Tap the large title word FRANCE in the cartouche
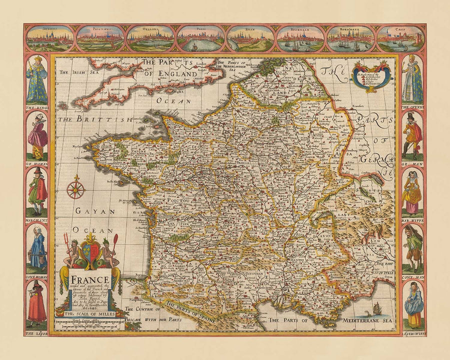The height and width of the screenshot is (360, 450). coord(90,279)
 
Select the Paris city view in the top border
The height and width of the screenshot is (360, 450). coord(200,39)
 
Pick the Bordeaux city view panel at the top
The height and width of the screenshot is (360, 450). coord(350,39)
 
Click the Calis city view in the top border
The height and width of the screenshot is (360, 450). coord(400,39)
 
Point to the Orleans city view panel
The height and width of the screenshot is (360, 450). coord(150,39)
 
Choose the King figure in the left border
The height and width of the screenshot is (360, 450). coord(37,80)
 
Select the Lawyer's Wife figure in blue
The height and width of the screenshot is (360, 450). coord(413,303)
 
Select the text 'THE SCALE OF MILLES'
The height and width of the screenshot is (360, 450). coord(90,314)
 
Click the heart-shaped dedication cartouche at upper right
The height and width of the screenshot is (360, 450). coord(370,76)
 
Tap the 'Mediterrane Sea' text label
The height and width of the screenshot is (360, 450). coord(367,319)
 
